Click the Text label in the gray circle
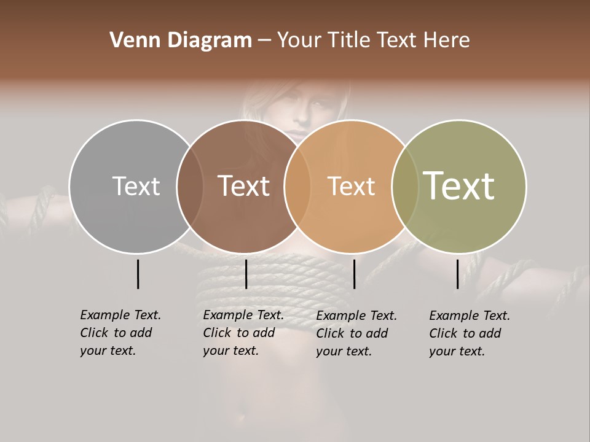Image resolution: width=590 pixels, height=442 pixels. click(136, 186)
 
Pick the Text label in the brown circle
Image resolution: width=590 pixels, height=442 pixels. click(243, 186)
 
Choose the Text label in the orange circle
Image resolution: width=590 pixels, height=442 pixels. click(351, 186)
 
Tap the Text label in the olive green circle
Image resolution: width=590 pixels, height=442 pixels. click(459, 186)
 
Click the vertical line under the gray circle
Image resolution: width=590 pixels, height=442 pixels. click(138, 274)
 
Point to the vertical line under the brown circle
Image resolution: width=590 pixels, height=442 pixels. click(246, 274)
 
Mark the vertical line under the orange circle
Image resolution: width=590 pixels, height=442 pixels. click(354, 274)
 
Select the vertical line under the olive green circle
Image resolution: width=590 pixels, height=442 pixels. click(458, 274)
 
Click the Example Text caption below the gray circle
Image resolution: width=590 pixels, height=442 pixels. click(120, 333)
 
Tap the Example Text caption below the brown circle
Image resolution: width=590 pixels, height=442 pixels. click(243, 333)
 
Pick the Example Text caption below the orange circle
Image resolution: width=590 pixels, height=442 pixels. click(356, 333)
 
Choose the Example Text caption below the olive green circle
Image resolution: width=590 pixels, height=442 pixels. click(469, 333)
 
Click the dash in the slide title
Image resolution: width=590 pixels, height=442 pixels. click(264, 41)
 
